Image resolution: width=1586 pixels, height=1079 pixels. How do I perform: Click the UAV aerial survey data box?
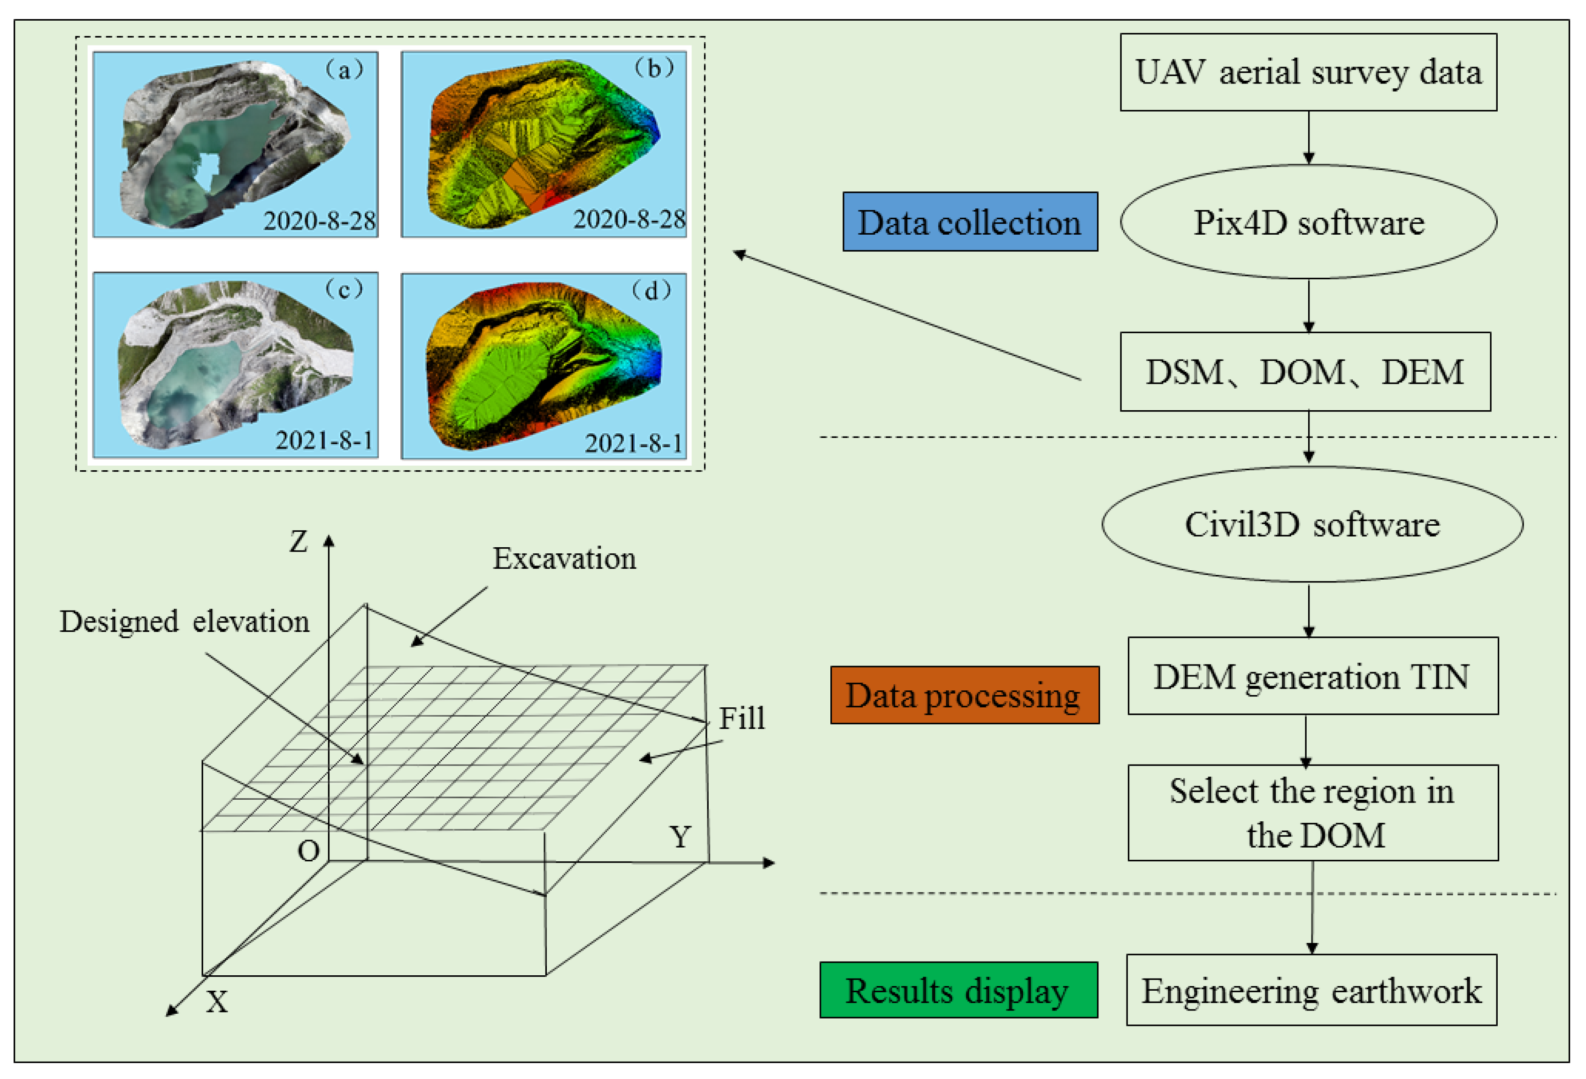(1308, 72)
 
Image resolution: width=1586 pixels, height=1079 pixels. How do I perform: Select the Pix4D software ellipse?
(1308, 222)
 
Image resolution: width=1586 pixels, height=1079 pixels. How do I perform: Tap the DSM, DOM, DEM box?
(1304, 372)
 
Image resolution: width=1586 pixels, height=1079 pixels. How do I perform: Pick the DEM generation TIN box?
(1312, 676)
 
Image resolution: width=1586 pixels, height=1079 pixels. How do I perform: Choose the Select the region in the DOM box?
(1312, 812)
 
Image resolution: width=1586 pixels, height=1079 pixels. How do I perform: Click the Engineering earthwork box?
(1311, 990)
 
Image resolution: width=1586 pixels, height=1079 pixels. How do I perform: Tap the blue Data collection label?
(969, 222)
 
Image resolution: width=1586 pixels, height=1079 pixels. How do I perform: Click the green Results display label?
(958, 990)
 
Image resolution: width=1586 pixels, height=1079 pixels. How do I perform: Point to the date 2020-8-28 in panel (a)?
(319, 221)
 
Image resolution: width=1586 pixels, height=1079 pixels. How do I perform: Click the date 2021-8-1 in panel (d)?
(633, 443)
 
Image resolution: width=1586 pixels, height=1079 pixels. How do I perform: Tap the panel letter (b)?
(654, 68)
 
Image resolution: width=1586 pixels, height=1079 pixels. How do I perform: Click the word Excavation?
(564, 558)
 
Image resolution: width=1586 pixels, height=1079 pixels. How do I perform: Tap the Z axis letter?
(298, 542)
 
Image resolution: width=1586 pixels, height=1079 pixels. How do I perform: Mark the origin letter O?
(308, 851)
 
